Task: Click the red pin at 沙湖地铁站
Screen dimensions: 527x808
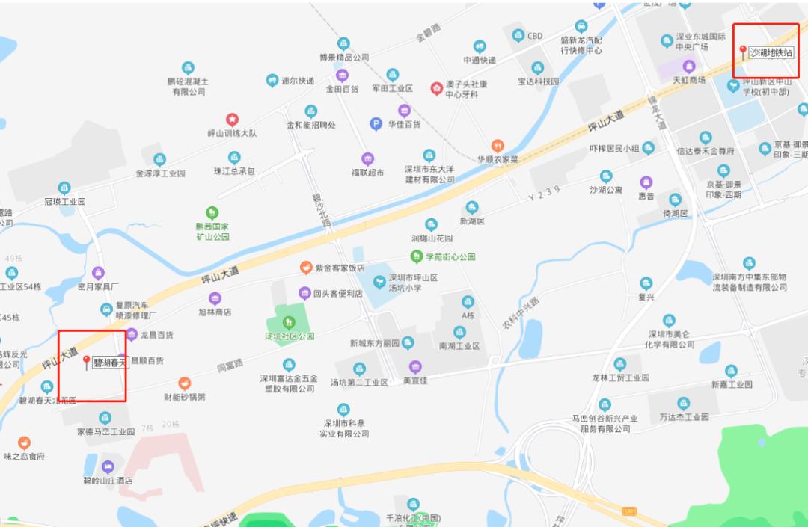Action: [x=743, y=52]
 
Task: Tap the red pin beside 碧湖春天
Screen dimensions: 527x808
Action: [x=86, y=363]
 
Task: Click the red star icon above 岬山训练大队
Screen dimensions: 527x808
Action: [x=232, y=120]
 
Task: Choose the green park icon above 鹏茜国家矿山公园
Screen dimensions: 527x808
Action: [x=212, y=213]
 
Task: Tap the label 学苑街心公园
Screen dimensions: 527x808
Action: [x=450, y=257]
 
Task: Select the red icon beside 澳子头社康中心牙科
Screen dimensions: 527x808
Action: [x=436, y=89]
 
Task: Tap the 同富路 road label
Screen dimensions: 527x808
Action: [x=229, y=366]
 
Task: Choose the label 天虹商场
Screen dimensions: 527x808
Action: [x=688, y=79]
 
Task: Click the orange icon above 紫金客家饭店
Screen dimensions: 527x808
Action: [x=306, y=268]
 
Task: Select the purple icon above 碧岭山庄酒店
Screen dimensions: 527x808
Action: [x=108, y=466]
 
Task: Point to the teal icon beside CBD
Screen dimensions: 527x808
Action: [x=518, y=36]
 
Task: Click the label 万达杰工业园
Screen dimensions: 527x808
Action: [x=683, y=416]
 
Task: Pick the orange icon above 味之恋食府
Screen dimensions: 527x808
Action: [x=24, y=443]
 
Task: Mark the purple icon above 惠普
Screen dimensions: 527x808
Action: [x=646, y=182]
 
